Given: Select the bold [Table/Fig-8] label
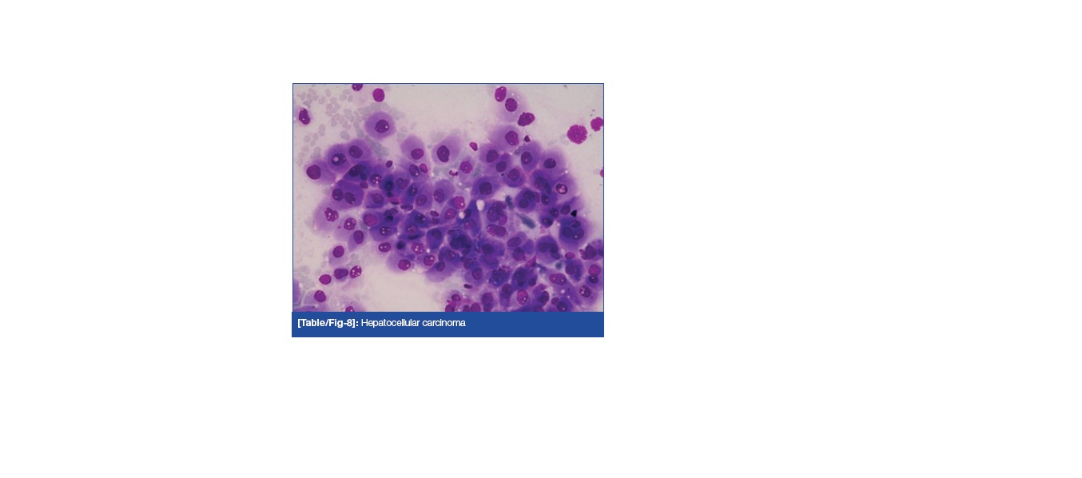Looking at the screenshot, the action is [327, 323].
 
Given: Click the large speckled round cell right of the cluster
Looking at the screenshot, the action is [576, 133].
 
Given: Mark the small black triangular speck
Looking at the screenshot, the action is [574, 213].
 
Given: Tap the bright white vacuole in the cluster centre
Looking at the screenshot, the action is [480, 205].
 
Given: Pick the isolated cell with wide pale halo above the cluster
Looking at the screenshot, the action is [380, 125].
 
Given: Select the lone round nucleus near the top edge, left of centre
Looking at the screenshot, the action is [378, 94].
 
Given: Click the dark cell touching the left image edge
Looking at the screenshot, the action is [304, 116].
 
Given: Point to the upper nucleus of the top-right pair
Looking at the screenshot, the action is [500, 94].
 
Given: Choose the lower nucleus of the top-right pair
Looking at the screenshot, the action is [511, 105].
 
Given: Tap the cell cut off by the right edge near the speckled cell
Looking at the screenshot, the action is [598, 124].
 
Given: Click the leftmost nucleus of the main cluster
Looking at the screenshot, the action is [313, 172].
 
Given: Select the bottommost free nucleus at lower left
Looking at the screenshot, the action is [320, 296].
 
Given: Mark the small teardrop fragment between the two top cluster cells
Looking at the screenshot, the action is [473, 146].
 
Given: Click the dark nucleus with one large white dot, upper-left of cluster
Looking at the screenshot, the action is [338, 160].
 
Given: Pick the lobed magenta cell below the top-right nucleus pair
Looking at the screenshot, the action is [526, 118].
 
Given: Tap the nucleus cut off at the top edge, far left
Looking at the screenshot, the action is [357, 86].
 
